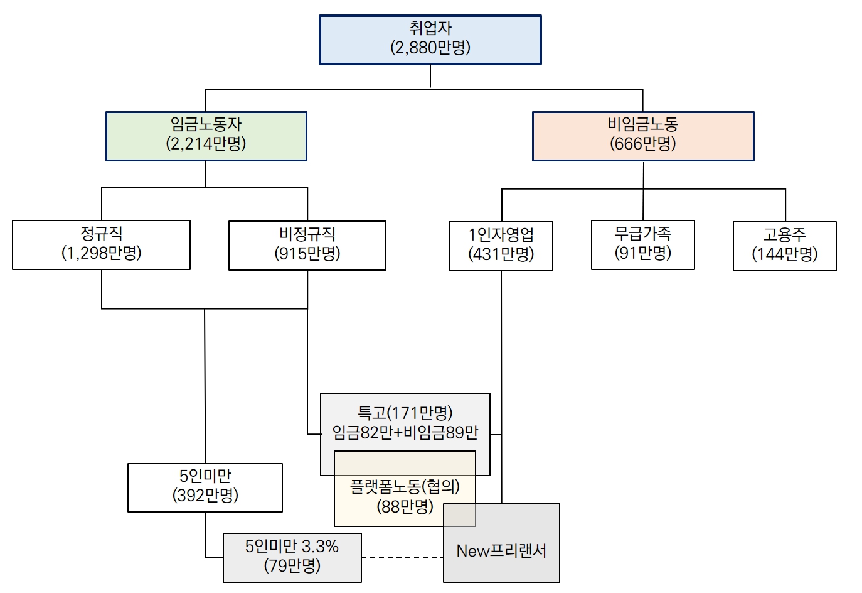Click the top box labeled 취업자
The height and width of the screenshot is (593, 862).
point(430,40)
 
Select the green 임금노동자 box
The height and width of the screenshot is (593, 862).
point(206,136)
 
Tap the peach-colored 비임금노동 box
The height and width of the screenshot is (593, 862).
point(642,136)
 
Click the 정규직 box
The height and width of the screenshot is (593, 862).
point(101,244)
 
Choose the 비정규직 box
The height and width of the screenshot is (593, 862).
point(307,245)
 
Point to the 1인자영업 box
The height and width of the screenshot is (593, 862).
point(501,246)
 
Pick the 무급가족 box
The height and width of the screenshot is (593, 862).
point(642,244)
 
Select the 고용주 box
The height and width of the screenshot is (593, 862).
point(784,246)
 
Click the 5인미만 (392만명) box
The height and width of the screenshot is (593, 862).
point(205,487)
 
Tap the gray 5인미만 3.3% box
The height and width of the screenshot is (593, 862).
point(292,557)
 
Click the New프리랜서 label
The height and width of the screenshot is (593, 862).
point(501,551)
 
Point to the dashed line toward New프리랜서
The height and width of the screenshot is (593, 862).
point(402,557)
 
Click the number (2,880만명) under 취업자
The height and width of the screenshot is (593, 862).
point(430,48)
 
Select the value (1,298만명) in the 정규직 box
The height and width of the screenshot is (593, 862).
point(101,253)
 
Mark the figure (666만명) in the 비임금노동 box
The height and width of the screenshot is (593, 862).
point(642,144)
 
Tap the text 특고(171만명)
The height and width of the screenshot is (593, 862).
point(405,413)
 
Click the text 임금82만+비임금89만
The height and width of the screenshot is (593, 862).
point(405,432)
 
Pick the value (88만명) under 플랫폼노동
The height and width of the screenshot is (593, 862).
point(405,506)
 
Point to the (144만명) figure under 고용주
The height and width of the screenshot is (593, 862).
point(784,254)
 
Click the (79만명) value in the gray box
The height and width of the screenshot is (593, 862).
point(292,565)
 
